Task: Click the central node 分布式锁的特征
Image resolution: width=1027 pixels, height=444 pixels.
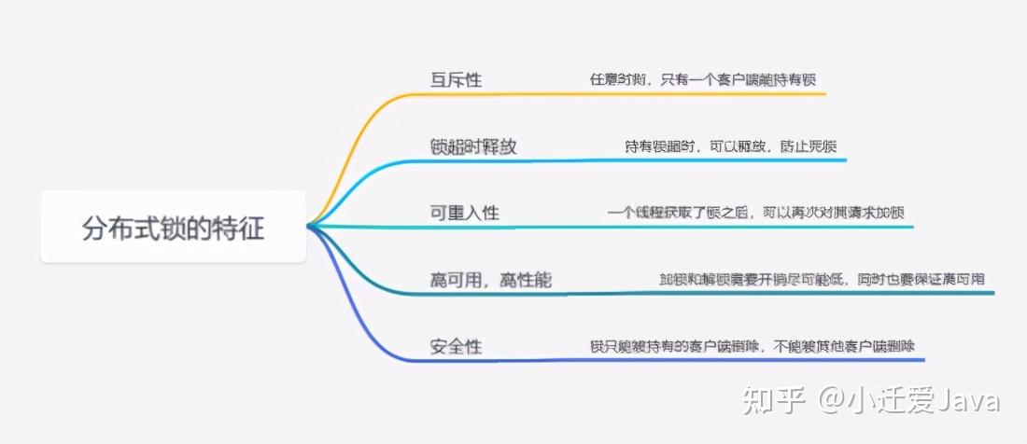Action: pos(174,228)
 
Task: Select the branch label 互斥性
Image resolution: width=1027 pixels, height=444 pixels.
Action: pos(456,79)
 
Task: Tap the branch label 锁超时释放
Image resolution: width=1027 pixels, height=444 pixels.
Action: pos(473,146)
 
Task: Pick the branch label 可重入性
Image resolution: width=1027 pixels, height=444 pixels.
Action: pos(465,213)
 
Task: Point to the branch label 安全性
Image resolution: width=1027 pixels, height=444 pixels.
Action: pos(456,347)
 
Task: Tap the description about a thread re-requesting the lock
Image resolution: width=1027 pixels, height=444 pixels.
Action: pos(755,213)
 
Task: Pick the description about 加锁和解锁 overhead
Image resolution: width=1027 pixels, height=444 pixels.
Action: pos(822,280)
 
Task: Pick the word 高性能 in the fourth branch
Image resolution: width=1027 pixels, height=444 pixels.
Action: pos(533,280)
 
